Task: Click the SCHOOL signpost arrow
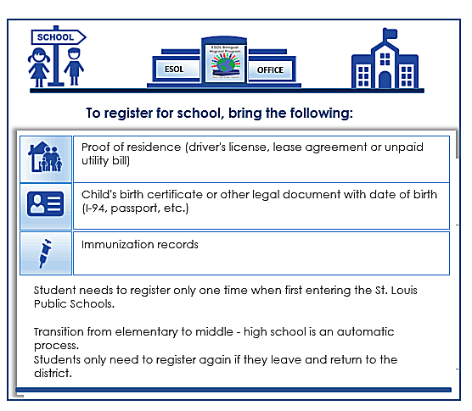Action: [57, 36]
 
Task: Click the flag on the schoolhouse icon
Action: [391, 35]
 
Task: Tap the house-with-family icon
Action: [45, 157]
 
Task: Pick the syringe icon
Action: [45, 253]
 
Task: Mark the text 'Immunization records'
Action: [139, 245]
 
